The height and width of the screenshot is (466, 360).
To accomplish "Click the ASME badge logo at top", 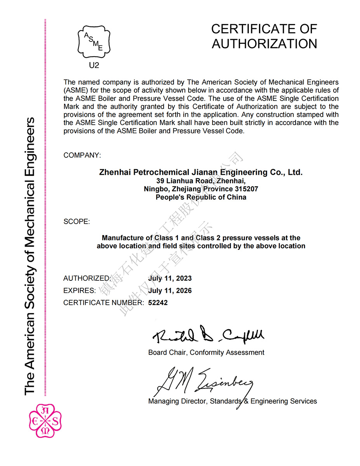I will [x=94, y=41].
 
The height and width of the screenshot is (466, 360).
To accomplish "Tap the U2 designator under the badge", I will [x=94, y=65].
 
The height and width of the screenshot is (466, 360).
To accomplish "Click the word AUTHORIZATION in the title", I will [x=264, y=44].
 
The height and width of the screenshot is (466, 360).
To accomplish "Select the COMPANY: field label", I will [x=82, y=155].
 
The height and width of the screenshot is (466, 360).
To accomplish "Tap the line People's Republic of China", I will [x=201, y=197].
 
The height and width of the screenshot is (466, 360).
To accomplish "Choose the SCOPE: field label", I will [x=77, y=222].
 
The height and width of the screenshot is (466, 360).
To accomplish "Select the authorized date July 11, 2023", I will [x=170, y=278].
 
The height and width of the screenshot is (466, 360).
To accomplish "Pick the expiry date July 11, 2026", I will [x=170, y=290].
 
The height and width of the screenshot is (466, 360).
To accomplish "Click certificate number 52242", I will [x=158, y=303].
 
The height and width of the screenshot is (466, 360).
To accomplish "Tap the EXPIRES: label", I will [x=79, y=290].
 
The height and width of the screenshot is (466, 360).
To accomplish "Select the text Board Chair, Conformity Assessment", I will [x=206, y=353].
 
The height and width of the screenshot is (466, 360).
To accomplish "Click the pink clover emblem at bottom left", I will [x=45, y=421].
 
